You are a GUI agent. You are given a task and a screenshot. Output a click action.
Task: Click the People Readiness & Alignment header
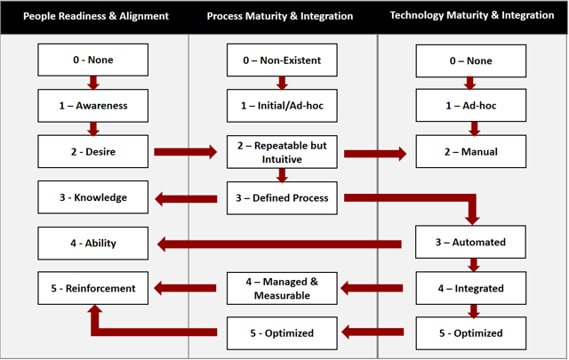[x=96, y=16]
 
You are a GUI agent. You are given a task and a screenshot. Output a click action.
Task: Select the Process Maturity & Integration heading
[x=280, y=16]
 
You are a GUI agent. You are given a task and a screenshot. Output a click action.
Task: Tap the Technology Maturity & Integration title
[x=472, y=15]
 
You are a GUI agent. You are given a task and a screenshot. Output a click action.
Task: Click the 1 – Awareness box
[x=92, y=106]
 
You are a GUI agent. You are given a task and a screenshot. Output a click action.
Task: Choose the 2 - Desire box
[x=92, y=151]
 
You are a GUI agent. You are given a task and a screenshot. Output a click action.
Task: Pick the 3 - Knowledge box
[x=92, y=197]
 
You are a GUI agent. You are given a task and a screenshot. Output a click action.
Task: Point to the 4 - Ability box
[x=92, y=244]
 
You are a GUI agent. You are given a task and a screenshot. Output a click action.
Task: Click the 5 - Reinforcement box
[x=92, y=288]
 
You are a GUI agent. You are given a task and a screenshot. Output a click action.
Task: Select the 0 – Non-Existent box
[x=282, y=60]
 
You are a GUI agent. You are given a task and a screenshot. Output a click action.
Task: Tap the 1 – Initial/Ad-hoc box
[x=282, y=106]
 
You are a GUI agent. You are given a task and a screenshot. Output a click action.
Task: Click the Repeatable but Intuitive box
[x=282, y=152]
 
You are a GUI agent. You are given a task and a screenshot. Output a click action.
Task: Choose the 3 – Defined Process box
[x=282, y=198]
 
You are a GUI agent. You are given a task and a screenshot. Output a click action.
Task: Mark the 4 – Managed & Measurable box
[x=282, y=289]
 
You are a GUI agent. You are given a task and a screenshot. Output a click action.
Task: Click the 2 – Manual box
[x=471, y=151]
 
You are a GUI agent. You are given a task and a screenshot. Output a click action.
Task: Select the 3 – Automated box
[x=470, y=242]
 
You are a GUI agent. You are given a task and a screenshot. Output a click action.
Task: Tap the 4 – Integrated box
[x=471, y=288]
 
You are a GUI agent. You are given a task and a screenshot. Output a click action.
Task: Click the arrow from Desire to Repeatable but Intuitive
[x=186, y=152]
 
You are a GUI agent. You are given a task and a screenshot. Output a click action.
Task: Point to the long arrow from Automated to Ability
[x=279, y=244]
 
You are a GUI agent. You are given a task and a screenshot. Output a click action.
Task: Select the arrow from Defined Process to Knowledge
[x=186, y=198]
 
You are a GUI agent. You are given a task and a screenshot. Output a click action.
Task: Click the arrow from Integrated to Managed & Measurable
[x=372, y=289]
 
